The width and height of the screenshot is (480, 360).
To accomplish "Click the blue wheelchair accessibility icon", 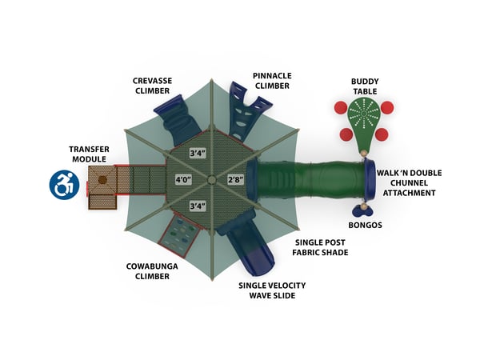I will (x=63, y=185).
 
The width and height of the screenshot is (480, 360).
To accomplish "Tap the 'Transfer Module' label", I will (x=89, y=154).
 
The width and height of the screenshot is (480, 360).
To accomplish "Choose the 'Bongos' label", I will (x=366, y=225).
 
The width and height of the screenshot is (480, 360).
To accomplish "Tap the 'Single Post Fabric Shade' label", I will (x=320, y=248).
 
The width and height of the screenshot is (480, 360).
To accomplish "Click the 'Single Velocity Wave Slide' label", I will (x=272, y=290).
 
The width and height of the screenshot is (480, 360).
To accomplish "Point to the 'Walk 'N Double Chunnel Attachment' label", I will (x=410, y=182).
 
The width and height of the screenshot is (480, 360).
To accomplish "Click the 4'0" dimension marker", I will (x=185, y=179).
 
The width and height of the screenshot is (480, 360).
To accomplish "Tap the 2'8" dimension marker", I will (x=236, y=179).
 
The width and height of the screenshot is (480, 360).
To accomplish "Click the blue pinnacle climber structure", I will (x=242, y=112).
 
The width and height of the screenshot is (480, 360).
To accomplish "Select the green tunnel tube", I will (x=312, y=182).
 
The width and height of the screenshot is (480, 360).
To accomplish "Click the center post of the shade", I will (x=210, y=179).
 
